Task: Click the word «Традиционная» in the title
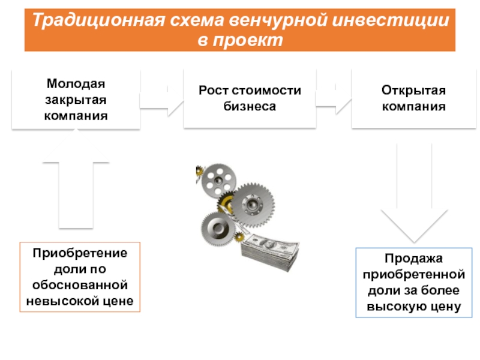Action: coord(98,20)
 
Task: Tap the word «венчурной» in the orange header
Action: coord(278,20)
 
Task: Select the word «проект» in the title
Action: coord(248,40)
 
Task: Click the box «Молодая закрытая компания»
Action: coord(76,100)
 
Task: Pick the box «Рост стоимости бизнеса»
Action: coord(250,98)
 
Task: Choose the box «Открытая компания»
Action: coord(413,98)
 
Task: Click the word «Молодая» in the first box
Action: coord(76,84)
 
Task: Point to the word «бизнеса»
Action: coord(250,107)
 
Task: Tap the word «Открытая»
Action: coord(413,91)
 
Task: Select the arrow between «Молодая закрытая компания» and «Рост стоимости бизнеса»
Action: coord(161,101)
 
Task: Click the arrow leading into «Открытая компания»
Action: coord(334,99)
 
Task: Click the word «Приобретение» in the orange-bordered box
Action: coord(80,253)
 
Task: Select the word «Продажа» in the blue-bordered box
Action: coord(413,259)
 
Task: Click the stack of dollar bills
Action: coord(269,253)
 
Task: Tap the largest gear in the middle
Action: coord(252,205)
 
